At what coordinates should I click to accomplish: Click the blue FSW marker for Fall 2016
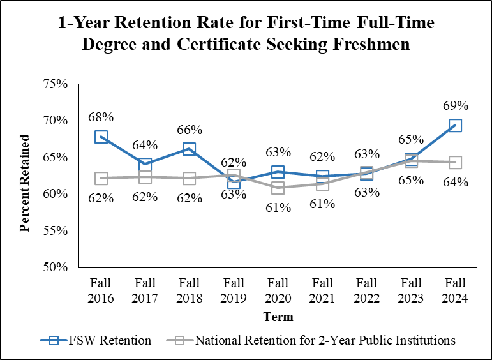click(101, 137)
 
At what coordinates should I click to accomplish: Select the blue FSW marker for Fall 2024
click(455, 126)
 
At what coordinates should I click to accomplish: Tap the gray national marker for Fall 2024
click(455, 162)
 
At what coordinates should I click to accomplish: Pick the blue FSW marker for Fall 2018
click(190, 149)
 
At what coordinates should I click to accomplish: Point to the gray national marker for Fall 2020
click(278, 188)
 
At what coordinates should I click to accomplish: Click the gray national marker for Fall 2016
click(101, 178)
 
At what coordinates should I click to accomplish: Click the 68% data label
click(101, 117)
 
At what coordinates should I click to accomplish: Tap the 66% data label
click(190, 130)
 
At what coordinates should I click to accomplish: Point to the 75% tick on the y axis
click(56, 84)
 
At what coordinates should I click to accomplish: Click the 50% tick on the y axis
click(56, 267)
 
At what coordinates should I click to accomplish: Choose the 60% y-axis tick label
click(56, 194)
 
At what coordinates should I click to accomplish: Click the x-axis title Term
click(278, 317)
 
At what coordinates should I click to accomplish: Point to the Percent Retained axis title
click(26, 183)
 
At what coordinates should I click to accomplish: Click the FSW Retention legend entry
click(96, 340)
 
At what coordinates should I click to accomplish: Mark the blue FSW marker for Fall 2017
click(145, 165)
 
